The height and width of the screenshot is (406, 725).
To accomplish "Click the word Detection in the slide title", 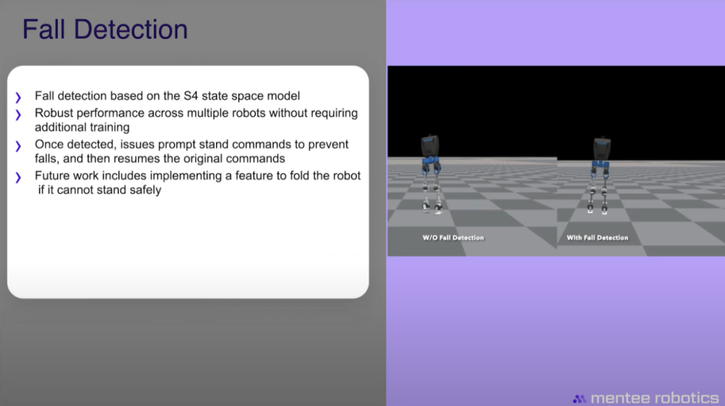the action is (x=131, y=29).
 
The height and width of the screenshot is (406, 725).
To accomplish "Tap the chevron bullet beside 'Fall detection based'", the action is (x=18, y=97).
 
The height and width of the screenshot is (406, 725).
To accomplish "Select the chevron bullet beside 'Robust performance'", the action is (x=18, y=115).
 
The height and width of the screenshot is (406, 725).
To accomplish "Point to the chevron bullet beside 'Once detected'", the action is (x=18, y=146).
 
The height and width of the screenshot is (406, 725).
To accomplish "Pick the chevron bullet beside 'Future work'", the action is (x=18, y=177).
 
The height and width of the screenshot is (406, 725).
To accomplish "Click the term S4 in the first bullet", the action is (x=191, y=96).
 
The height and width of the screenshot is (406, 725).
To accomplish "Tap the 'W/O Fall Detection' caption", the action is (x=453, y=238).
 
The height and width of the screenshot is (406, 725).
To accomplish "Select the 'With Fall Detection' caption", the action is (x=597, y=238).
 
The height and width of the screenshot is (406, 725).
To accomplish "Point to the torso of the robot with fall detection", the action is (x=602, y=148).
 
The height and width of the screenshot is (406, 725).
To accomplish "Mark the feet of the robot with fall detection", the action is (x=597, y=209).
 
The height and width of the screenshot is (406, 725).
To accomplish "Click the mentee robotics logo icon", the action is (x=579, y=398).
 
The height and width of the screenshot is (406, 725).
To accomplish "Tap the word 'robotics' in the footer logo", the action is (x=687, y=398).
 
